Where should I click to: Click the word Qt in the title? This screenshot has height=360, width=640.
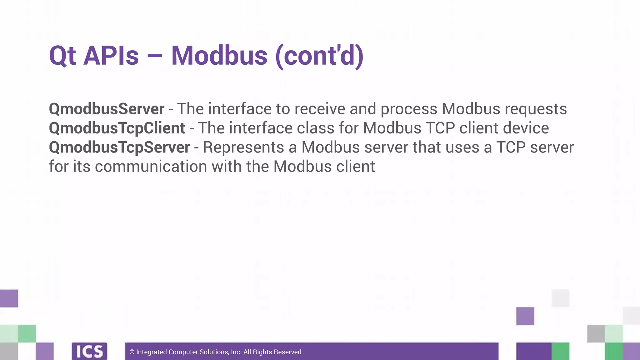coord(62,56)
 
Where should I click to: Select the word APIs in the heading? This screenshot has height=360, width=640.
coord(111,56)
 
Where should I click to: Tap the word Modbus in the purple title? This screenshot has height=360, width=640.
coord(219,56)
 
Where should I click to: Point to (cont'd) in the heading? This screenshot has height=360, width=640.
coord(319,56)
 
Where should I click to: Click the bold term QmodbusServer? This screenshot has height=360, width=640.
coord(107,109)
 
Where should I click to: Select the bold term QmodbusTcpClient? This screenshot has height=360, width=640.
coord(117,128)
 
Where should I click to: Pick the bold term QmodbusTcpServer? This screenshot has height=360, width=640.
coord(119,147)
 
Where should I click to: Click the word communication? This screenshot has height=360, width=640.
coord(151,166)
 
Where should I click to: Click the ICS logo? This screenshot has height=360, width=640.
coord(89,351)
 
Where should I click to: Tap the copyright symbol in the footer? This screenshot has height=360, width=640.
coord(132,352)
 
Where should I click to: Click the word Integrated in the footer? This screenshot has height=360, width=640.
coord(152,352)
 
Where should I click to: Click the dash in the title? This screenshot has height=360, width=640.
coord(154,56)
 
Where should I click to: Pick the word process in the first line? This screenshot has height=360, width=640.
coord(409,109)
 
